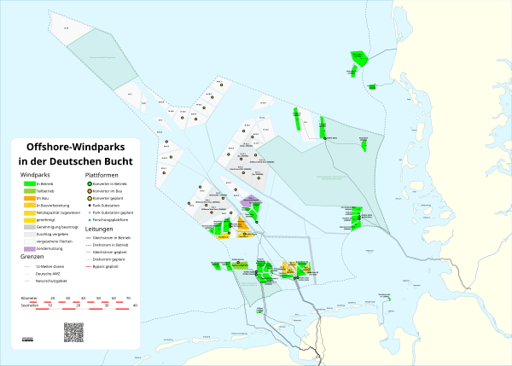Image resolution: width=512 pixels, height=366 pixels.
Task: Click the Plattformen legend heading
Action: pos(103,175)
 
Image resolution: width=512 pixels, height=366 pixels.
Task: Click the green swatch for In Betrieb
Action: pos(28,184)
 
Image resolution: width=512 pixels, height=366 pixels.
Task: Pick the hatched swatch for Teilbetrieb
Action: pos(28,191)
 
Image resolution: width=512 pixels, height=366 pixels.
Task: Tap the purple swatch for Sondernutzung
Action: pos(28,248)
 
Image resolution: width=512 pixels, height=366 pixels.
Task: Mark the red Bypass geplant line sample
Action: pos(92,266)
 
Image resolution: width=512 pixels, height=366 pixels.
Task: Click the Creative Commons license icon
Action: pos(28,339)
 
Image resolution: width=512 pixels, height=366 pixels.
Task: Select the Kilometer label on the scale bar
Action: pos(30,298)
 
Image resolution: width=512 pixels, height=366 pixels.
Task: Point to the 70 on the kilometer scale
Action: pos(128,298)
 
